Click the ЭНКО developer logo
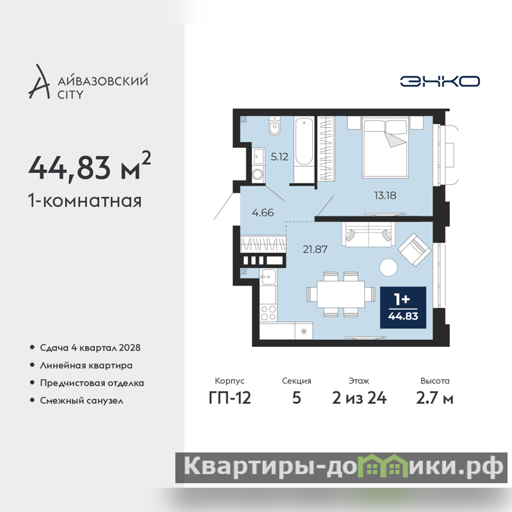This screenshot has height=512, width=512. (x=440, y=81)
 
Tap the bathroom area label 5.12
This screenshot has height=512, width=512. (x=280, y=157)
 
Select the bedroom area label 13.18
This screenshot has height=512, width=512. (x=385, y=195)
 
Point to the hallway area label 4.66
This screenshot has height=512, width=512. (x=263, y=212)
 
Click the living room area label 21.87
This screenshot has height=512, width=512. (x=315, y=249)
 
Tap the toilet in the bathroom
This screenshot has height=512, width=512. (x=275, y=125)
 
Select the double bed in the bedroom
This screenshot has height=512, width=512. (x=385, y=147)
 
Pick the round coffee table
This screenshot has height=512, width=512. (x=388, y=267)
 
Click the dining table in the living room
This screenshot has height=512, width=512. (x=341, y=294)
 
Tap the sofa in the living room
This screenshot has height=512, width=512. (x=369, y=234)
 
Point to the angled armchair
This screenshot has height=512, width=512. (x=414, y=250)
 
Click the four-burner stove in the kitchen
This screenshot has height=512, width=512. (x=268, y=312)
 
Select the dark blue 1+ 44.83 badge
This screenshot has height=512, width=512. (x=403, y=307)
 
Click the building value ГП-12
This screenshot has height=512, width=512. (x=230, y=398)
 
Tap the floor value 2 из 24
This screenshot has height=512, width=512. (x=359, y=398)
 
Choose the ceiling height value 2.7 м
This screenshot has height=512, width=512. (x=435, y=398)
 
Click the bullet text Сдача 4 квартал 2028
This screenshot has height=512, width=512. (x=90, y=348)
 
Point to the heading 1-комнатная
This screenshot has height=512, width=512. (x=85, y=200)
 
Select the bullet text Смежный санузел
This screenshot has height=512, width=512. (x=82, y=401)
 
